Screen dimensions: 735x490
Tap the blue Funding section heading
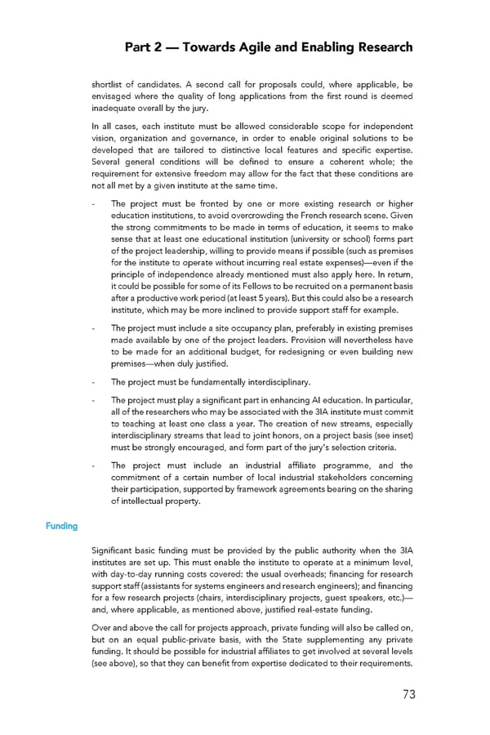[61, 526]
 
